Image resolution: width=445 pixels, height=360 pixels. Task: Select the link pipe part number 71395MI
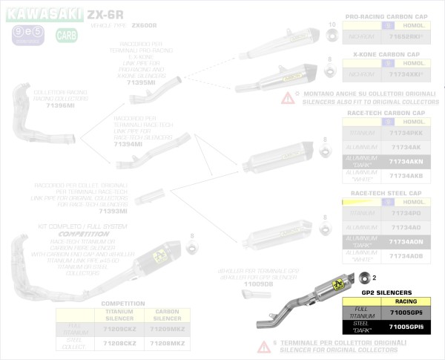click(141, 82)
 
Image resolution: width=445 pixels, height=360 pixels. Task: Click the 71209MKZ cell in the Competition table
click(167, 328)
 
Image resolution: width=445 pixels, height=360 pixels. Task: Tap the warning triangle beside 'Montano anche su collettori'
click(286, 97)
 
